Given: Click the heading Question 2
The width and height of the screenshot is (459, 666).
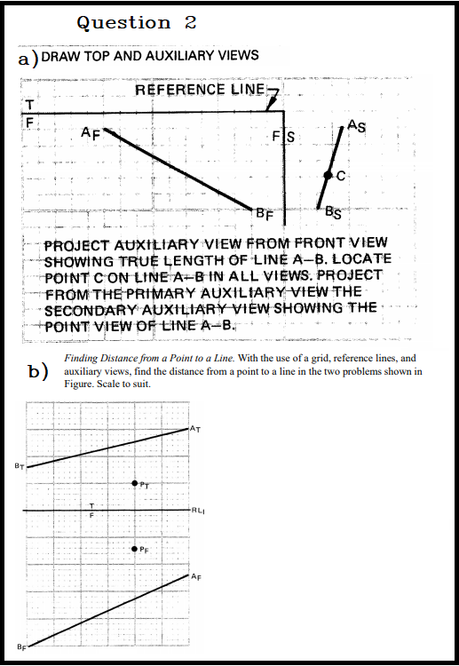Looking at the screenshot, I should (x=137, y=23).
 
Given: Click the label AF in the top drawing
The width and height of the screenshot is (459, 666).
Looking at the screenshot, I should (x=90, y=134).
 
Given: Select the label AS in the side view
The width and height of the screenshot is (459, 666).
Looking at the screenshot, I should (x=358, y=125).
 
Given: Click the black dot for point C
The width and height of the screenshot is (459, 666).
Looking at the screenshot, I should (x=328, y=176).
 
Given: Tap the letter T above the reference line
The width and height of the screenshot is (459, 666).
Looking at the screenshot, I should (x=28, y=104).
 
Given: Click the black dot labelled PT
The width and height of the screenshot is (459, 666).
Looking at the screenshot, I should (x=134, y=483).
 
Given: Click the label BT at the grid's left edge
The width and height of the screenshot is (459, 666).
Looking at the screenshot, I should (x=19, y=465).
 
